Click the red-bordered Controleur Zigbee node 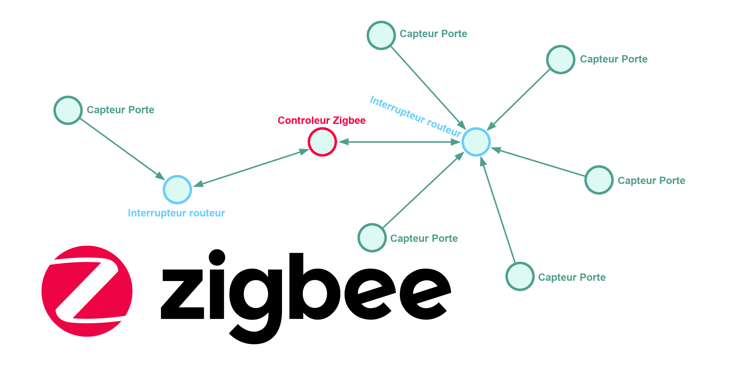click(322, 142)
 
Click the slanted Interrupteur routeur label click(415, 116)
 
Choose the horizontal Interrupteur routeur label click(176, 213)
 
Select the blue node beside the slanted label click(476, 142)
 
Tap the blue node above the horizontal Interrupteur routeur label click(177, 190)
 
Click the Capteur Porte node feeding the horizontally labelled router click(68, 110)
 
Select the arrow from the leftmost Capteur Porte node click(121, 148)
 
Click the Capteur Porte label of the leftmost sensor click(120, 110)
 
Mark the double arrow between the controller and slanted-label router click(399, 142)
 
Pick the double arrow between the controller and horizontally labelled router click(250, 168)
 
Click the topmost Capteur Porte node click(381, 35)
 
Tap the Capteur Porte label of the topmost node click(433, 34)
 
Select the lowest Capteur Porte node click(520, 276)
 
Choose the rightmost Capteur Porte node click(599, 180)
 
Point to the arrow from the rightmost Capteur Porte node click(539, 163)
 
